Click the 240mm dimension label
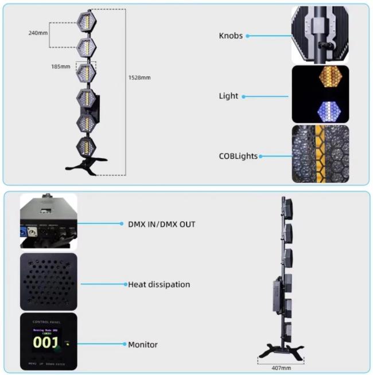[x=38, y=33]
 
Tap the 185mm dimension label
[x=60, y=67]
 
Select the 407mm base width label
[x=281, y=367]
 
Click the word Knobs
[x=230, y=36]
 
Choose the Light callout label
[x=228, y=96]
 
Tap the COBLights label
[x=238, y=155]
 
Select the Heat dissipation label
[x=158, y=284]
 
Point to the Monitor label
[x=142, y=344]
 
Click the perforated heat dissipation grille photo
[x=48, y=282]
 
